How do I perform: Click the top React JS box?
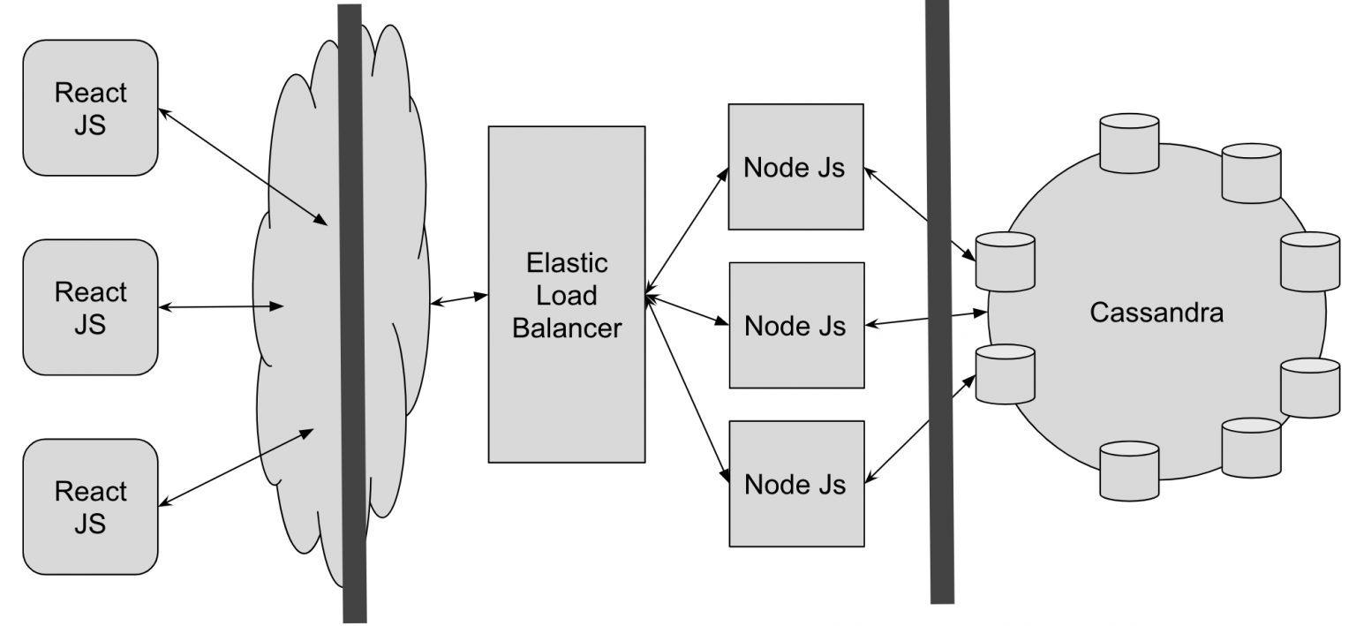pos(90,108)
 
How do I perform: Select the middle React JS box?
pos(90,307)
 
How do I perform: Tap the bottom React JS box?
pos(90,507)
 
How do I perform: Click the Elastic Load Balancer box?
pos(567,294)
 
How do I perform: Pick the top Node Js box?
pos(795,167)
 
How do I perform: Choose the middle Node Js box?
pos(796,325)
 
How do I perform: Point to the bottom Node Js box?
pos(796,484)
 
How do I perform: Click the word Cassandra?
pos(1156,313)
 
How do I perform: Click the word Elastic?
pos(567,263)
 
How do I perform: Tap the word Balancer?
pos(567,328)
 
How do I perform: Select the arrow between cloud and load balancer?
pos(459,299)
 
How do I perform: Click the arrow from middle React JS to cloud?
pos(221,307)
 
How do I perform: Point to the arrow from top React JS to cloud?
pos(243,167)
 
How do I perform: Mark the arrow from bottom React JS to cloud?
pos(236,467)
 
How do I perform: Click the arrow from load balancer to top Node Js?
pos(687,231)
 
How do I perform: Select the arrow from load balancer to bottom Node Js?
pos(687,388)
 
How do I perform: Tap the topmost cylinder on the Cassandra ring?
pos(1129,144)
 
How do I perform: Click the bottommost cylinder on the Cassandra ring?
pos(1129,471)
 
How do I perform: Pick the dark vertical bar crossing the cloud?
pos(352,313)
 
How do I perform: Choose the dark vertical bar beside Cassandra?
pos(939,301)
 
